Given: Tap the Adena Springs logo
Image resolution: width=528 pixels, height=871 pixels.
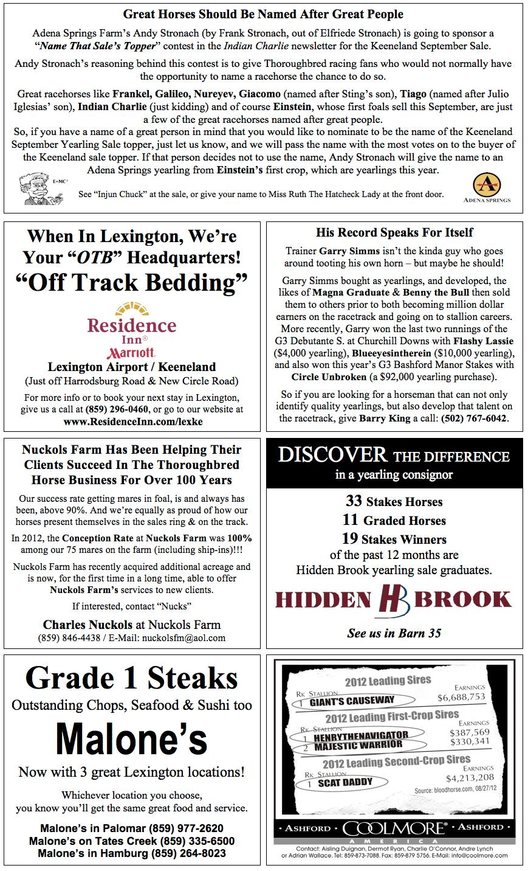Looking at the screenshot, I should (487, 186).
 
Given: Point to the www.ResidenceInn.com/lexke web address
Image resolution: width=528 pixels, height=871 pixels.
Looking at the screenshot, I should (132, 422).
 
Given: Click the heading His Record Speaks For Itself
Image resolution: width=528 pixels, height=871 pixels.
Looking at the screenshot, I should (394, 232).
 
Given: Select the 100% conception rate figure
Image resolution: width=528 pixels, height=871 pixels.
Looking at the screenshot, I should (239, 538).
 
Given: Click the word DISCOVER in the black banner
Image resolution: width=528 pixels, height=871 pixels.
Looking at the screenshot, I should (332, 455).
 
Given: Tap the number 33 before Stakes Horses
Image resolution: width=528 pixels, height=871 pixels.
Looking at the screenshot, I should (354, 501).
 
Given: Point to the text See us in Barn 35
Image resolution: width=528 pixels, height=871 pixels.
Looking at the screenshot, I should (394, 633).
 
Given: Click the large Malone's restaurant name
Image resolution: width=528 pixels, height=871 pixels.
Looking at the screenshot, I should (132, 740).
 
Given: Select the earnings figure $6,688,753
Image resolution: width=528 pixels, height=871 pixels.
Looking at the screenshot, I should (461, 697).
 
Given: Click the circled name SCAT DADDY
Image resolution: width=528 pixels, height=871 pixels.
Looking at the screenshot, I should (345, 783).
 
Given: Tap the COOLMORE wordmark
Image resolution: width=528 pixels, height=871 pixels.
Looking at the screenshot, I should (394, 828).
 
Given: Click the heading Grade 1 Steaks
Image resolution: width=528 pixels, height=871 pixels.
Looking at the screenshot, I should (132, 678).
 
